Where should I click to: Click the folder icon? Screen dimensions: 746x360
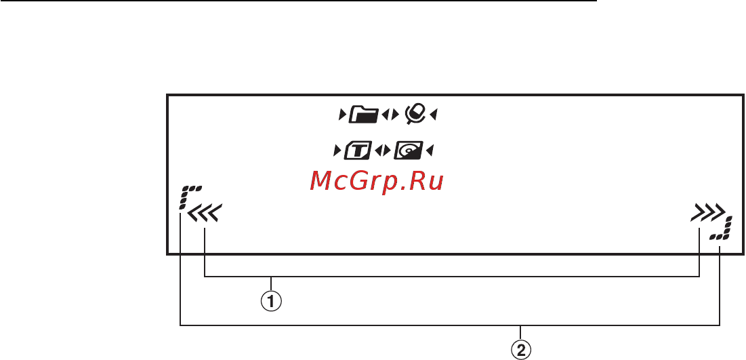click(364, 128)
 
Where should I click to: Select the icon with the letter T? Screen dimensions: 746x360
click(358, 151)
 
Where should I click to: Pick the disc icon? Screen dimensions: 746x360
click(408, 151)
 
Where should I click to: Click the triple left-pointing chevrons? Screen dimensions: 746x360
click(205, 215)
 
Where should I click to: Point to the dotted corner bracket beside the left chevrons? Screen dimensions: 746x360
click(188, 197)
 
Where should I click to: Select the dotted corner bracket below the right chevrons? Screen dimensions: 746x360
click(720, 229)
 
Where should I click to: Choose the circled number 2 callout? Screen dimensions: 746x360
click(522, 351)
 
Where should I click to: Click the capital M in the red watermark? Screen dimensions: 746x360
click(322, 181)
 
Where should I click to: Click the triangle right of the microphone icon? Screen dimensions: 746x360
click(434, 128)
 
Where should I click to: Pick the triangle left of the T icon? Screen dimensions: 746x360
click(337, 151)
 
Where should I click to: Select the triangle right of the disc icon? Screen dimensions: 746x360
click(430, 151)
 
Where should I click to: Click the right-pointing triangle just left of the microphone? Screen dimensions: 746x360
click(394, 128)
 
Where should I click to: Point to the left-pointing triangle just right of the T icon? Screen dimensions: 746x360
click(378, 151)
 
